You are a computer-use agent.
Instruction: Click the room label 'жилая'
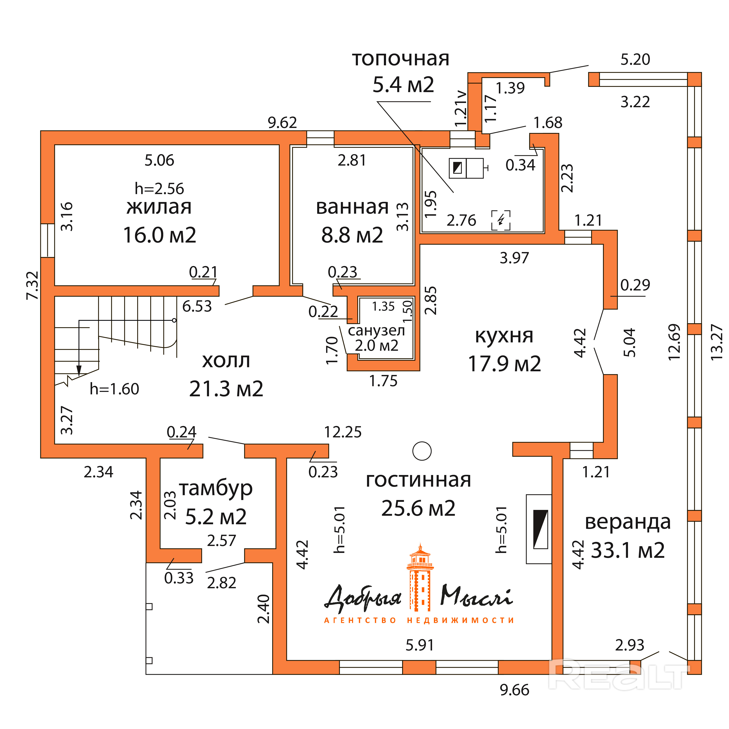click(x=159, y=207)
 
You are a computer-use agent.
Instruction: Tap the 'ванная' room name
click(x=352, y=207)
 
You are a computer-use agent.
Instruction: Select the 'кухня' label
click(x=504, y=335)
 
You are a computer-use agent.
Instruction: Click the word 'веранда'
click(x=627, y=522)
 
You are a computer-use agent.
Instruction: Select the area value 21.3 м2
click(x=226, y=389)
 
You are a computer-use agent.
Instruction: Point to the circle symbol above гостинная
click(x=422, y=451)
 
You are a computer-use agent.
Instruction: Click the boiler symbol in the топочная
click(x=466, y=168)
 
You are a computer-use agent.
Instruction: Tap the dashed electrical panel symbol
click(x=501, y=220)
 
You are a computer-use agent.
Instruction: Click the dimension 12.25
click(x=343, y=432)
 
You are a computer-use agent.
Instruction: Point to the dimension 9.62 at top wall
click(x=282, y=123)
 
